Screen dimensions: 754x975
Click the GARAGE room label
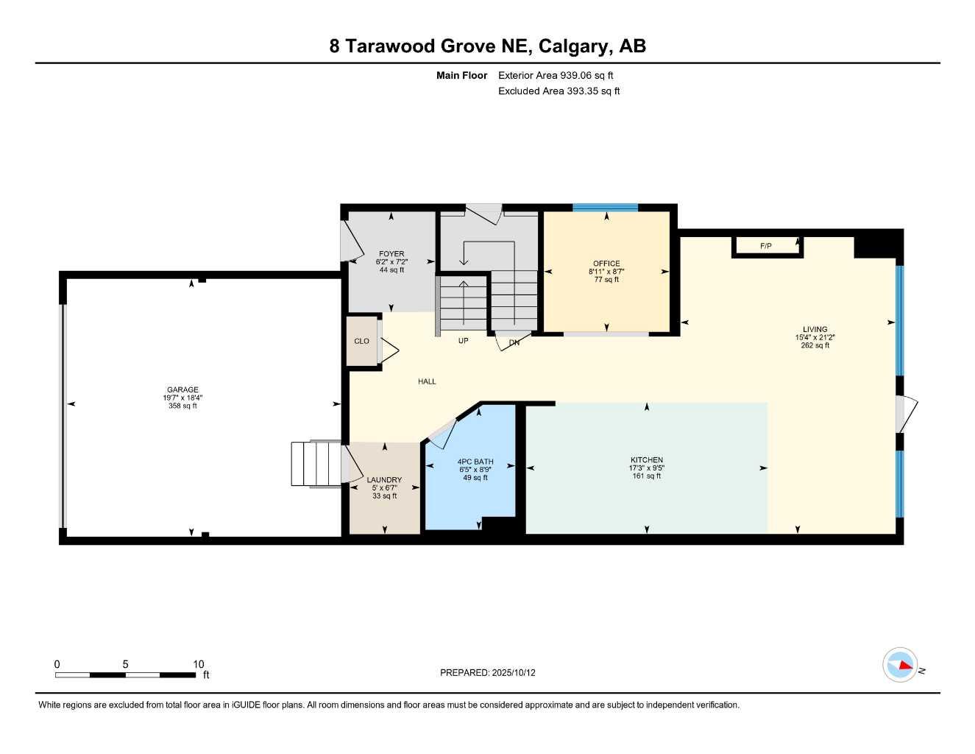(x=182, y=390)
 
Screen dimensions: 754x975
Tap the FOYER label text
(x=391, y=253)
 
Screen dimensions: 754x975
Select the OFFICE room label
(x=606, y=263)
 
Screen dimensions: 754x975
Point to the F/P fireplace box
(x=766, y=246)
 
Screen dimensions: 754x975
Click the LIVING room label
(x=815, y=329)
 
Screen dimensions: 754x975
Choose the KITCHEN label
(x=646, y=459)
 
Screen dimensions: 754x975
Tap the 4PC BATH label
(x=475, y=462)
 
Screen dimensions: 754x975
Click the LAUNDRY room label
(x=384, y=479)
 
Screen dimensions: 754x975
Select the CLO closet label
(x=361, y=341)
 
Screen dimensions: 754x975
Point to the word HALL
(x=427, y=381)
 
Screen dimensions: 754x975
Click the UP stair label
(x=464, y=341)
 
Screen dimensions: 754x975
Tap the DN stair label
(x=514, y=342)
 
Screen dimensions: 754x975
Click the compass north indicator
(x=900, y=665)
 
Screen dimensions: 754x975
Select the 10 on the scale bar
(x=199, y=664)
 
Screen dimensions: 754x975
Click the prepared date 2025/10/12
(x=514, y=672)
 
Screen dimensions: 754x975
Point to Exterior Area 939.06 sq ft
(x=556, y=75)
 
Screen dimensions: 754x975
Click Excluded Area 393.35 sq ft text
(x=559, y=91)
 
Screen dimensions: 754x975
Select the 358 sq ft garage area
(x=182, y=406)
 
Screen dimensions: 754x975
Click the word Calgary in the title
(x=572, y=46)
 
